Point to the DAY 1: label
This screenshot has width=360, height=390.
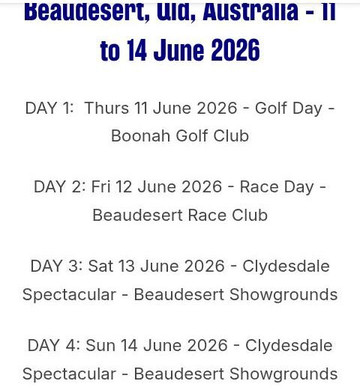pyautogui.click(x=50, y=108)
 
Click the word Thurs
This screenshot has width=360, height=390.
pyautogui.click(x=107, y=108)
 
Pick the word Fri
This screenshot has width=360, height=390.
pyautogui.click(x=101, y=187)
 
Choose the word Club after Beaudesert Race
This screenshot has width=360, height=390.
pyautogui.click(x=247, y=215)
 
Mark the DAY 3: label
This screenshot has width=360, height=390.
pyautogui.click(x=55, y=266)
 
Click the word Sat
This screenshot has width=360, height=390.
pyautogui.click(x=101, y=266)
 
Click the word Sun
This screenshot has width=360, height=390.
pyautogui.click(x=101, y=346)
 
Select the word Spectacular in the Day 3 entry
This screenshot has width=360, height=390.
pyautogui.click(x=69, y=294)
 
